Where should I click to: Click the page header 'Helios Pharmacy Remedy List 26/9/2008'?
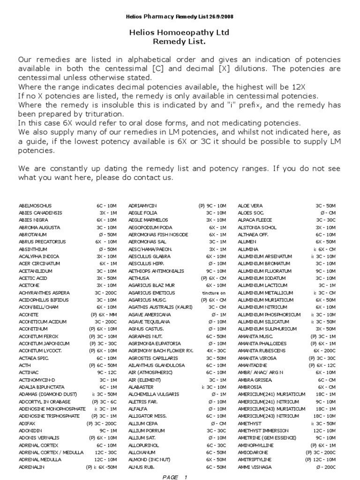coord(180,16)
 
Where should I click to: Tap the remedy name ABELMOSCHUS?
coord(35,205)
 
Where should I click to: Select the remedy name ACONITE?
coord(28,315)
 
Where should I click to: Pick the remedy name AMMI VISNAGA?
coord(253,468)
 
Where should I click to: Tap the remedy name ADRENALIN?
coord(31,468)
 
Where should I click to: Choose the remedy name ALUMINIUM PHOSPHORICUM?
coord(269,315)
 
